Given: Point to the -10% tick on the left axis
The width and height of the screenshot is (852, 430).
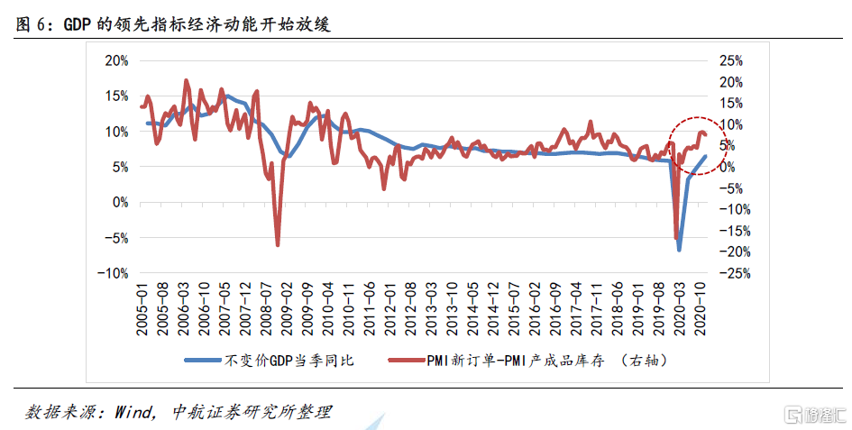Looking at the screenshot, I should [x=115, y=273].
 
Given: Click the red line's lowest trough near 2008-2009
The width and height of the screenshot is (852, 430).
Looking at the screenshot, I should [x=278, y=244].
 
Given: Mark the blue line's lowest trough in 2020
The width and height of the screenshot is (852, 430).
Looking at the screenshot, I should [x=680, y=250].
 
